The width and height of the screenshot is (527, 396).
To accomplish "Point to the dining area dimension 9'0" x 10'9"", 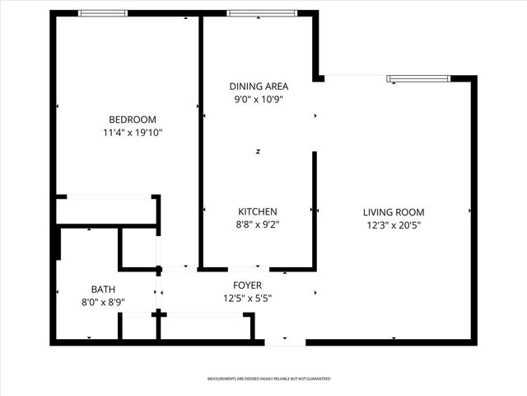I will click(257, 100).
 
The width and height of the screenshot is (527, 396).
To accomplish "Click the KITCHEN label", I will click(257, 211).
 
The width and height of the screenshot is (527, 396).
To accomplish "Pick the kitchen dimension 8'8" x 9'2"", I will click(257, 224).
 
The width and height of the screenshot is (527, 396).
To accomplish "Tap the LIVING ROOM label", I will click(394, 212).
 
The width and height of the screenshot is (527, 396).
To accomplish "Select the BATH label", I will click(103, 289).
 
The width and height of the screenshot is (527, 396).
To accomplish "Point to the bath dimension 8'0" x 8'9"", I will click(103, 302).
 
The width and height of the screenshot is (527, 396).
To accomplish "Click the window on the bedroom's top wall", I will click(103, 13).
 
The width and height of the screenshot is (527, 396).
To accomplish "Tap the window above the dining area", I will click(251, 13).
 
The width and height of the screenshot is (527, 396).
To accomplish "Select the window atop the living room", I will click(419, 78).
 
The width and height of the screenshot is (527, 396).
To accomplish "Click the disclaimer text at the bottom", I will click(268, 379).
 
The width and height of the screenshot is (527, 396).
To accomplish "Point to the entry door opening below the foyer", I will click(285, 340).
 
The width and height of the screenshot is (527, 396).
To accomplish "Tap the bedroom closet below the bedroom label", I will click(105, 210).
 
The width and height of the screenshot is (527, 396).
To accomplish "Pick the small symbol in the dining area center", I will click(258, 152).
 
